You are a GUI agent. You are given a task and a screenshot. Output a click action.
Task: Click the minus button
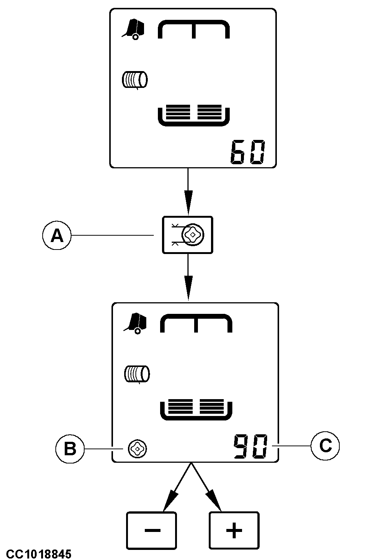(152, 530)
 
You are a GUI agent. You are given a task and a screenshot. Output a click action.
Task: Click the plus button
(234, 530)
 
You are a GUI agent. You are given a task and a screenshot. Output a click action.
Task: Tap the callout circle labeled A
(56, 235)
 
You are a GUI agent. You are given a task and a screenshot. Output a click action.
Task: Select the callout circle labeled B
(70, 449)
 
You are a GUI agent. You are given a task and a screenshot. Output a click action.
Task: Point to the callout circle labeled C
(325, 446)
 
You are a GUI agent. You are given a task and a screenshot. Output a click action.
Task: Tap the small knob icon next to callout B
(137, 449)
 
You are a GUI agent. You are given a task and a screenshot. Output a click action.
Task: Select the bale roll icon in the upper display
(135, 80)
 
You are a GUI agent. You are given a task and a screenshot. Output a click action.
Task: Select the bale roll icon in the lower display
(137, 374)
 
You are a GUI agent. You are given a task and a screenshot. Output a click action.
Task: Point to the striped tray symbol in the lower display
(196, 409)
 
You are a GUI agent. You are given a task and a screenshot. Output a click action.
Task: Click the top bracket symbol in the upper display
(194, 29)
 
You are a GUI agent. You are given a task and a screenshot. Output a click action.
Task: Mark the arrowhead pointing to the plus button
(215, 504)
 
